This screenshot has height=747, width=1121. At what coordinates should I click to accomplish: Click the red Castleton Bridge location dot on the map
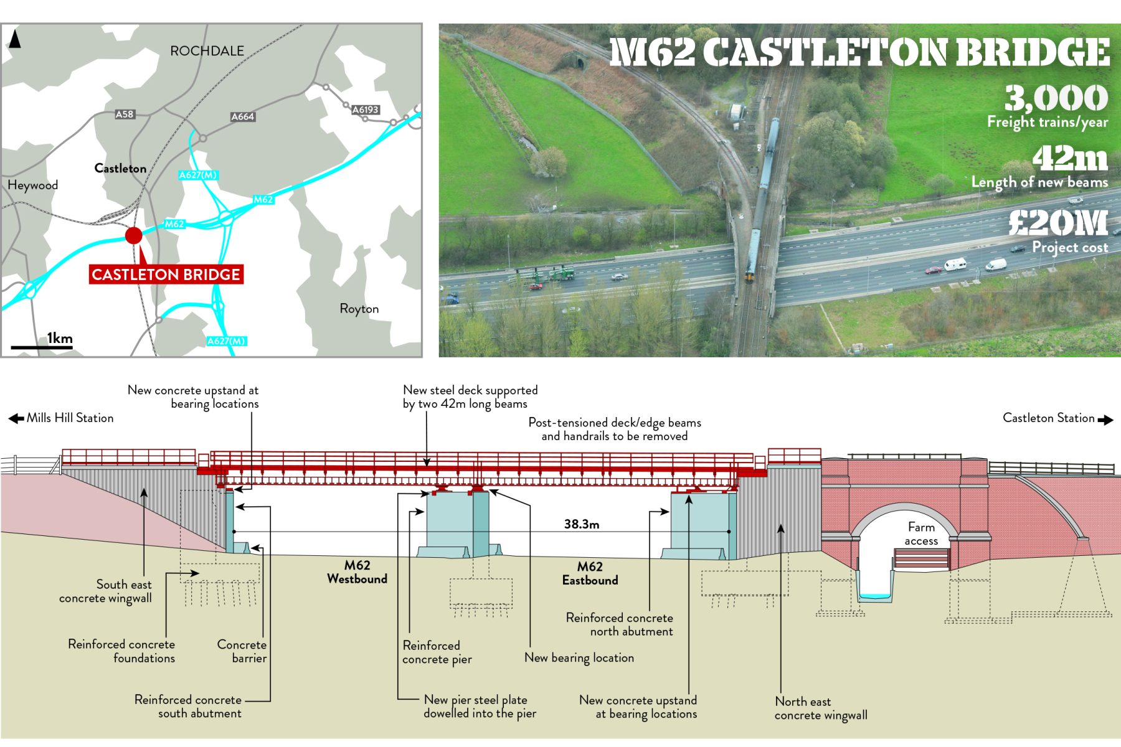point(133,235)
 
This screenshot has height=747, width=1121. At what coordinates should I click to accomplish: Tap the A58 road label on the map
point(125,114)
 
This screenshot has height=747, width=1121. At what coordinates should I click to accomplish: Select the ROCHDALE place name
point(207,51)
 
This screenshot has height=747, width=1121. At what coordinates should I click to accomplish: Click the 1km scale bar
point(42,346)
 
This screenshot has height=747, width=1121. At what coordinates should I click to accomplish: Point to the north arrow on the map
point(15,39)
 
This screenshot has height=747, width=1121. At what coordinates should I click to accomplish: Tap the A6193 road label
point(366,110)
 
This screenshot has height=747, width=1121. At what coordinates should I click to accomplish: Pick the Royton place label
point(359,309)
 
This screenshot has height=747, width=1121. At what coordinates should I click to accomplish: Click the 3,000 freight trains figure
point(1056,98)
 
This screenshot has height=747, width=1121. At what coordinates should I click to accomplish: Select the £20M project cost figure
point(1058,223)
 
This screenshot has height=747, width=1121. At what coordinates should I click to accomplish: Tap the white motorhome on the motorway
point(955,265)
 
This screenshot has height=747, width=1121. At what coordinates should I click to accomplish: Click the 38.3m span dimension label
point(581,524)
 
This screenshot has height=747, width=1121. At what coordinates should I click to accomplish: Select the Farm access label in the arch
point(921,533)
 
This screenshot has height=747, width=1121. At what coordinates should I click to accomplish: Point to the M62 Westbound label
point(357,571)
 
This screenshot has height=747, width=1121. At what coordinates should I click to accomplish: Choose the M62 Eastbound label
point(590,573)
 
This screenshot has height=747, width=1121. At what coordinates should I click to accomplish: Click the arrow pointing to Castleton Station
point(1105,420)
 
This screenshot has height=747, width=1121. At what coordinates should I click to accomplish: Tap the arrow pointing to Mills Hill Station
point(16,418)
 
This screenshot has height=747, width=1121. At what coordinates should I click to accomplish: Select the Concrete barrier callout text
point(242,651)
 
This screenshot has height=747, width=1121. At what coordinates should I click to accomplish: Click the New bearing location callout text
point(579,657)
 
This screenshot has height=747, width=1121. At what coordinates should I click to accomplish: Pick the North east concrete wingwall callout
point(820,708)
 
